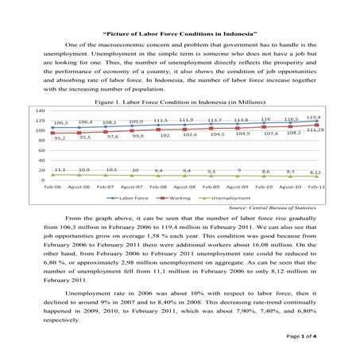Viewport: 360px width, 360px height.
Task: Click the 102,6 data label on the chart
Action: (x=189, y=135)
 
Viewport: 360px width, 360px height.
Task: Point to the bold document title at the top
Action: (x=180, y=33)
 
